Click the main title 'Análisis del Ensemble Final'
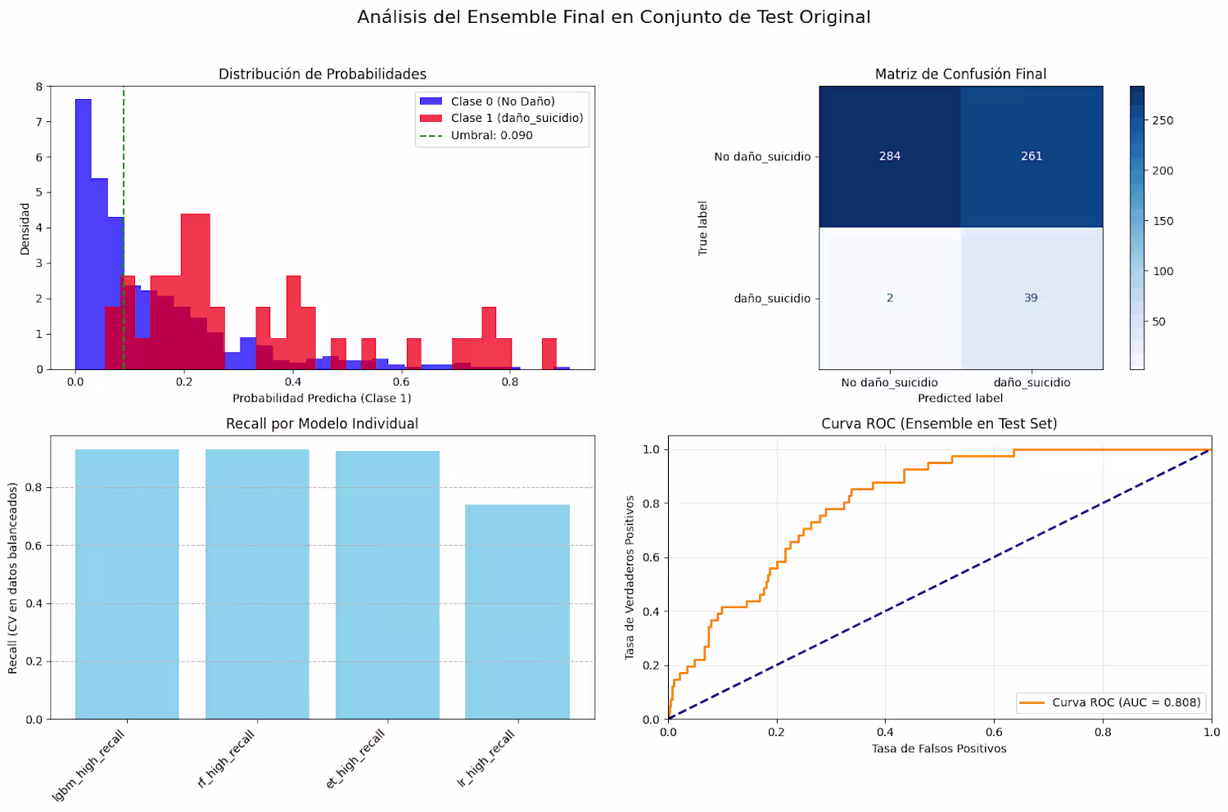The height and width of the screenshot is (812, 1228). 613,17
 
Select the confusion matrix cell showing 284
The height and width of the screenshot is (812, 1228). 890,156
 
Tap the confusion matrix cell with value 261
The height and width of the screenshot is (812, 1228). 1032,156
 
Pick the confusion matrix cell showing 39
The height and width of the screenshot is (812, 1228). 1032,298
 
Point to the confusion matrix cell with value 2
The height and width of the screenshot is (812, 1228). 890,298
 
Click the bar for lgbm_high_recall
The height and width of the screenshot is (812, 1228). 127,584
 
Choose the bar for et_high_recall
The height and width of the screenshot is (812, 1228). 387,585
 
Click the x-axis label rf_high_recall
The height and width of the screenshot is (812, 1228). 227,759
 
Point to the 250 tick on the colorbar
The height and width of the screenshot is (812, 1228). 1163,120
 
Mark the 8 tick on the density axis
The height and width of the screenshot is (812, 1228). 38,86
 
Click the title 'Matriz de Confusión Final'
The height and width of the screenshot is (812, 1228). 960,74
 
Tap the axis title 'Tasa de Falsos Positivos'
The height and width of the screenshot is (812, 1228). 939,748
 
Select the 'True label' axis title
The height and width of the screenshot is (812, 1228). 702,228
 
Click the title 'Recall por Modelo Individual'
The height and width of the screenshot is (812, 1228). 322,423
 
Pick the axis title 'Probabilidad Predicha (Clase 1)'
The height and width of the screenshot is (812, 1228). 322,398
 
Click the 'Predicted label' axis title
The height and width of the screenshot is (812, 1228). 960,398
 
